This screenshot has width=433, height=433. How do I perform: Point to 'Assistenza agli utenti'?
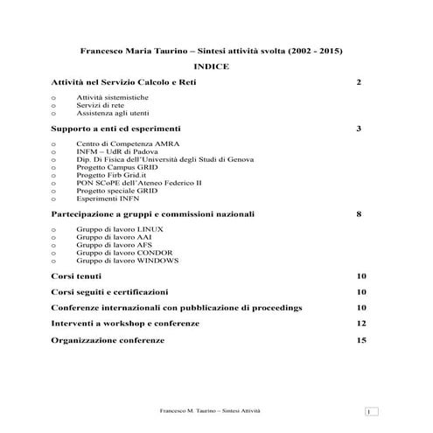pyautogui.click(x=114, y=114)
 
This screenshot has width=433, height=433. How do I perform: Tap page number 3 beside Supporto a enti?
pyautogui.click(x=359, y=129)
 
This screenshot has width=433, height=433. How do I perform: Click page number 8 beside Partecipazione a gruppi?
pyautogui.click(x=359, y=213)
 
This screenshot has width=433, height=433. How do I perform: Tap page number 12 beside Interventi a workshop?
pyautogui.click(x=360, y=324)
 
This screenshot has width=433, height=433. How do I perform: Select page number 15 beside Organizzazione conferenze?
pyautogui.click(x=360, y=339)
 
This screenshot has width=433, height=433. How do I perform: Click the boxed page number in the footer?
pyautogui.click(x=371, y=411)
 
